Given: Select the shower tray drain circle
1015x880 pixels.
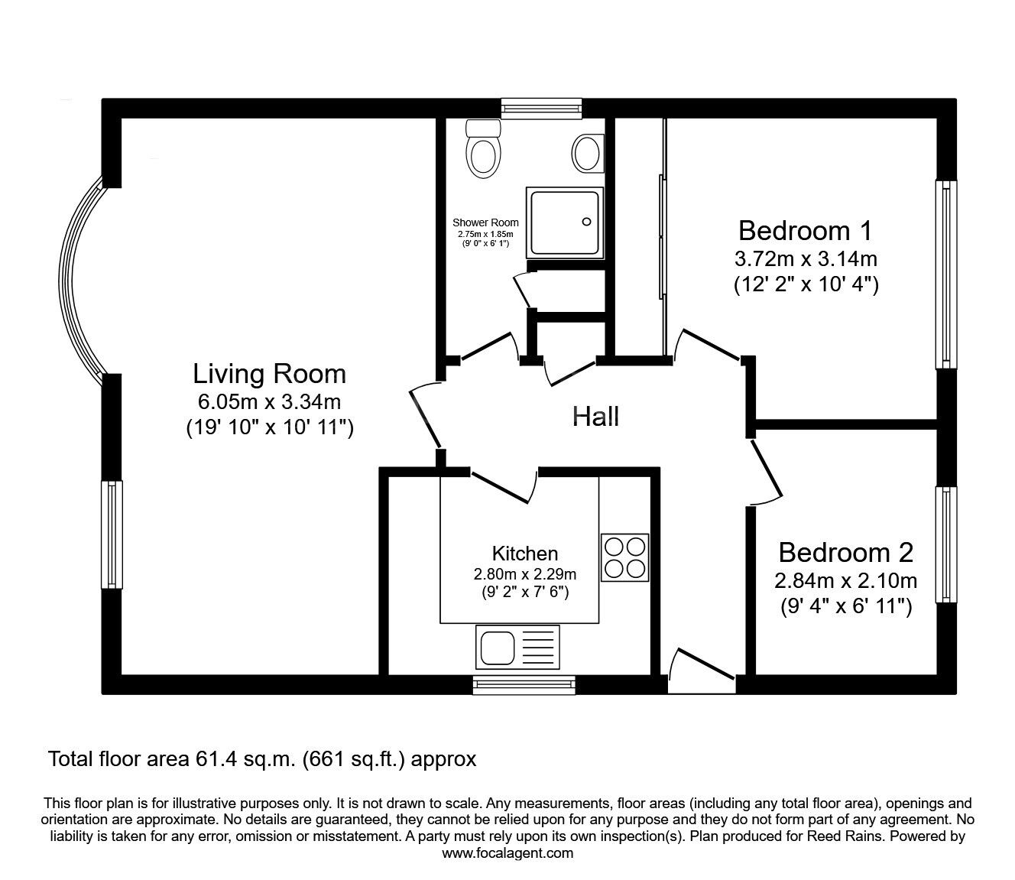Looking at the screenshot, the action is [586, 222].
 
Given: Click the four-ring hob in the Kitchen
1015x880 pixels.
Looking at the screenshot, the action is [624, 557].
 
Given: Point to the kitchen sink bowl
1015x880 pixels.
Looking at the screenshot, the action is [498, 648].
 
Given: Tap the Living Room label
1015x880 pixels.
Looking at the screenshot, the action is [269, 373].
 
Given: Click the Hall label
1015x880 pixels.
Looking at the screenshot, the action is [595, 416].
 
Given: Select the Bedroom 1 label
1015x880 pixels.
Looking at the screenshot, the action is [805, 230].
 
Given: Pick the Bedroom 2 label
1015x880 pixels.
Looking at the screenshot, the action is [845, 552].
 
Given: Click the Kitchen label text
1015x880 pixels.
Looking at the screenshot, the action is [525, 554].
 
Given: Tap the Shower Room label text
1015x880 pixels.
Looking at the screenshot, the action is [485, 222].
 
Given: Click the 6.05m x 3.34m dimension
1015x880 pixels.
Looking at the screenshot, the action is [269, 402].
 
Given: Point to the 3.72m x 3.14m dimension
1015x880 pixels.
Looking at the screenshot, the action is [806, 258].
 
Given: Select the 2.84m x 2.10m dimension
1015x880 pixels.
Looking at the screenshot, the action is [845, 581].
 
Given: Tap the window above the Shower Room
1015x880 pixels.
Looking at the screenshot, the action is [541, 109].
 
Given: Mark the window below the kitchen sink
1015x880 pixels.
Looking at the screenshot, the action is [524, 684].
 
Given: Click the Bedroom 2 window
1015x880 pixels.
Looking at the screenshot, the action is [946, 544].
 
